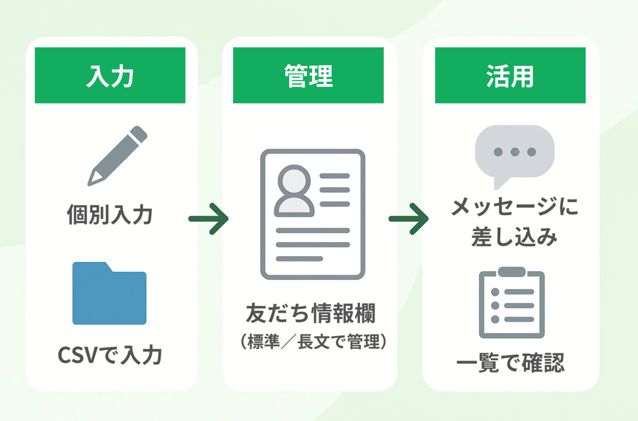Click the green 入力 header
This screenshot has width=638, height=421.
(x=110, y=75)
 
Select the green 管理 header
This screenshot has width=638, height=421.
(x=308, y=75)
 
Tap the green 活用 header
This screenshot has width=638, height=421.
(x=510, y=75)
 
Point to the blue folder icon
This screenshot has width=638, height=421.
(x=109, y=294)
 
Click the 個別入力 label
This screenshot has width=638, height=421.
(x=110, y=215)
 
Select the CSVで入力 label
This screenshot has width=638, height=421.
(x=110, y=355)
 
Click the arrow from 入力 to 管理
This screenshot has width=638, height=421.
(x=208, y=219)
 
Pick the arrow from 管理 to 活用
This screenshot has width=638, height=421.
(x=408, y=219)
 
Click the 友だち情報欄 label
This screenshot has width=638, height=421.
(x=311, y=315)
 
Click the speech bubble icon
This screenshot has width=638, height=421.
(x=514, y=154)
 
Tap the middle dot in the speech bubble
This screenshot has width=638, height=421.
(x=515, y=152)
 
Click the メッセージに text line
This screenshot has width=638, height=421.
(x=514, y=207)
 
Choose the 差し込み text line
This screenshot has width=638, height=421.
(x=514, y=237)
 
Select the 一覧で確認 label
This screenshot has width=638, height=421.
(x=510, y=362)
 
